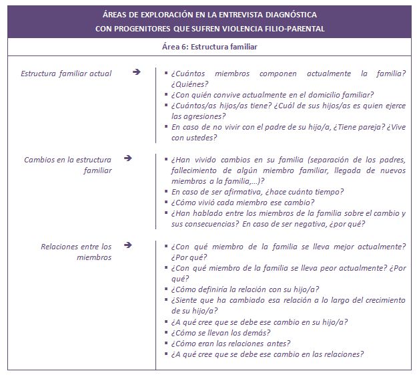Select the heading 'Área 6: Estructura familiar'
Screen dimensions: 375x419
point(209,47)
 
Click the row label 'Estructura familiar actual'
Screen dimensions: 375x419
point(66,73)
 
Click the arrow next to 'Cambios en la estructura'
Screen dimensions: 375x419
point(128,159)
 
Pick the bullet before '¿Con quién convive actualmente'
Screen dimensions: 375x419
point(166,95)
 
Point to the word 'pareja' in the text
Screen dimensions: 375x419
point(358,127)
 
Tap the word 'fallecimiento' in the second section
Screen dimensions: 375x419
point(198,170)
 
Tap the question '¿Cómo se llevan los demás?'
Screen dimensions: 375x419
point(221,332)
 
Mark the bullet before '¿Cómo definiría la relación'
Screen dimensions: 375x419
point(166,289)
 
